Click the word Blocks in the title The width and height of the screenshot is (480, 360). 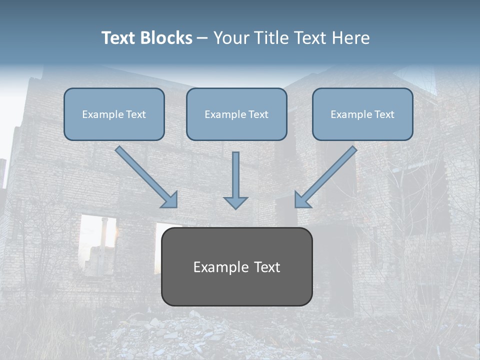(x=167, y=38)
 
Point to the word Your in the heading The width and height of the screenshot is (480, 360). (x=229, y=38)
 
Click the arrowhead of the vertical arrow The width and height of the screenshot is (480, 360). (x=236, y=202)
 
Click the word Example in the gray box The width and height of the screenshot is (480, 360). (x=214, y=267)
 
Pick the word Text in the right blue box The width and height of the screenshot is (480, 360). (x=384, y=114)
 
